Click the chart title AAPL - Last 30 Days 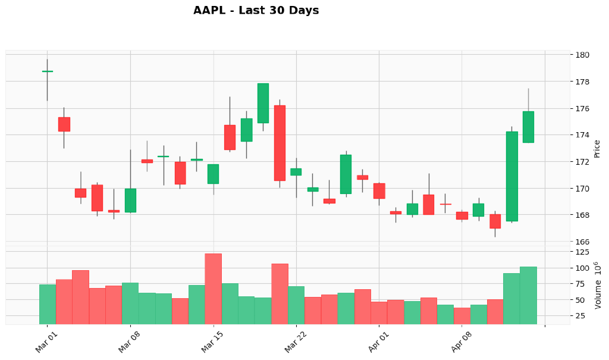tap(256, 11)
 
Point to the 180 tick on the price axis tap(583, 55)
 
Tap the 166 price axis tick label tap(583, 242)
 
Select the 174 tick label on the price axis tap(583, 135)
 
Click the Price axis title tap(597, 149)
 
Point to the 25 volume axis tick tap(583, 315)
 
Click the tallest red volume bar tap(213, 289)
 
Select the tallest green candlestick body tap(511, 176)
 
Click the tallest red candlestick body tap(280, 143)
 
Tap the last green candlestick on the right tap(528, 127)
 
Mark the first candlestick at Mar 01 tap(47, 71)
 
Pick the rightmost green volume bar tap(528, 295)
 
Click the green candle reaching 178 tap(263, 103)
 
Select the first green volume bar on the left tap(47, 304)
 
